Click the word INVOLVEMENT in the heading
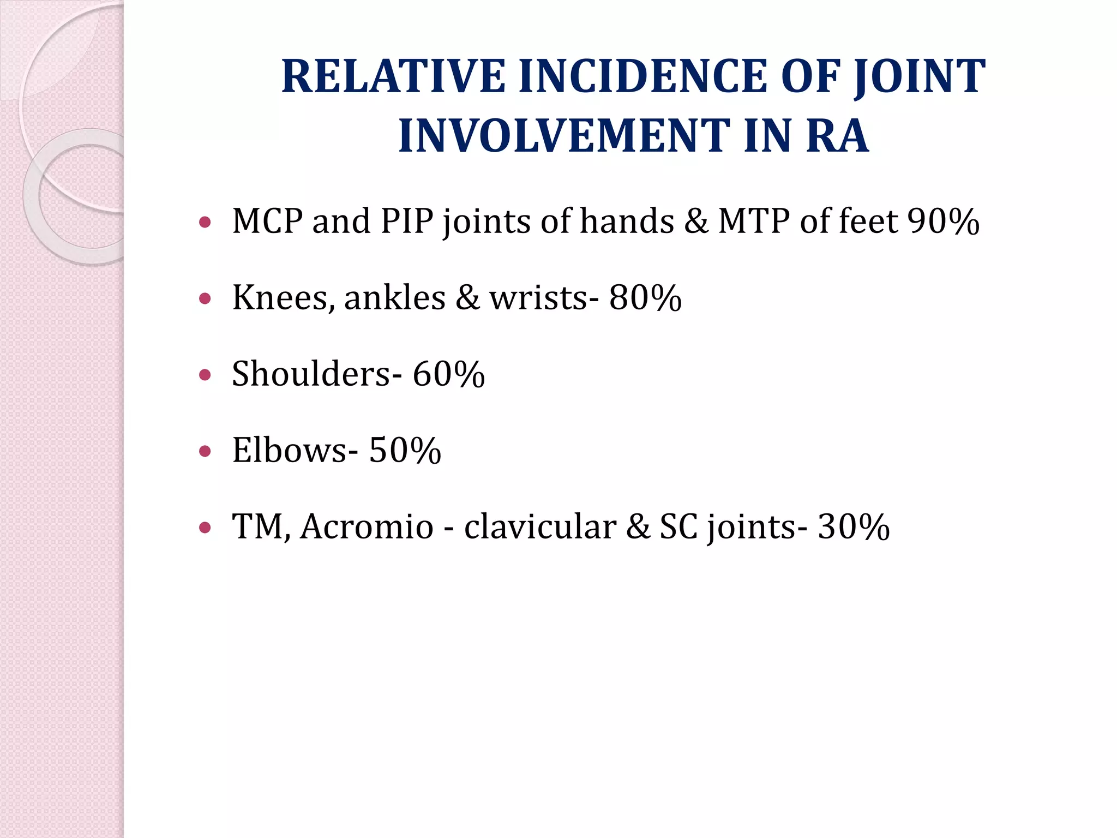[563, 136]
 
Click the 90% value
[943, 222]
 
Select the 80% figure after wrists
[645, 298]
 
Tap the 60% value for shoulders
[448, 375]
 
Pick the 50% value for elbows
[405, 451]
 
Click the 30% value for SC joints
[854, 528]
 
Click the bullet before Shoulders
[205, 375]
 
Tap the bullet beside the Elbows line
[205, 451]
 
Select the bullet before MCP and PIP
[205, 222]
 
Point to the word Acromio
[367, 528]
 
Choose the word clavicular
[540, 528]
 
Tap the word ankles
[395, 298]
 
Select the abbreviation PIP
[407, 222]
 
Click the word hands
[627, 222]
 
